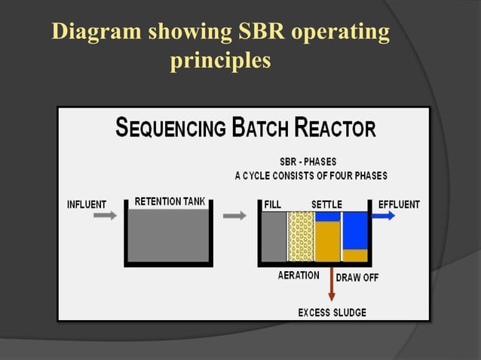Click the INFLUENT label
tap(87, 204)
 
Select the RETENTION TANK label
tap(168, 202)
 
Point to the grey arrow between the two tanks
tap(235, 215)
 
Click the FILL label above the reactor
tap(272, 204)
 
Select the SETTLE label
tap(326, 204)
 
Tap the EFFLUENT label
tap(399, 204)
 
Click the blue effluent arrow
tap(383, 215)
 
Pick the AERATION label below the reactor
tap(299, 276)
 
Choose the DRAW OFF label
tap(357, 277)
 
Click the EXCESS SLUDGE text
tap(332, 312)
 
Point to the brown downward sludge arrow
tap(332, 285)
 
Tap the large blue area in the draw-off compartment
tap(354, 230)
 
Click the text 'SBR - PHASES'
tap(309, 162)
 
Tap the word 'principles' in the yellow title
tap(220, 60)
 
